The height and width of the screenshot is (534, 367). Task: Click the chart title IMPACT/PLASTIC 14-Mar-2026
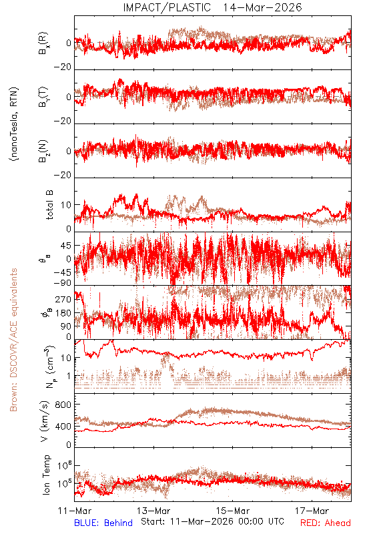point(212,7)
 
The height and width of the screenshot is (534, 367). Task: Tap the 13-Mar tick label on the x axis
point(153,511)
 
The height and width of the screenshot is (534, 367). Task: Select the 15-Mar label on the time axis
point(233,511)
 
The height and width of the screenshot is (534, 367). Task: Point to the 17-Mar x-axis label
point(312,511)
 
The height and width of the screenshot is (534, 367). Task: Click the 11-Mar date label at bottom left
point(75,511)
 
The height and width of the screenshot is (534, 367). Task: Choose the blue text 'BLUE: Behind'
point(103,523)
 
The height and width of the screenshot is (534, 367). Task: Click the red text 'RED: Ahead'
point(326,523)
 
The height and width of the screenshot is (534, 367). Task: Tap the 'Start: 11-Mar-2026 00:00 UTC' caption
point(212,521)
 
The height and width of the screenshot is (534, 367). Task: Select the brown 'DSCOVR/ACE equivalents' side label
point(13,340)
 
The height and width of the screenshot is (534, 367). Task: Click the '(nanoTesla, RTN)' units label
point(14,124)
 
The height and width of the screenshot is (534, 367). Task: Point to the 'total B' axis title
point(49,205)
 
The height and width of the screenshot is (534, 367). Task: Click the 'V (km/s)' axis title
point(45,421)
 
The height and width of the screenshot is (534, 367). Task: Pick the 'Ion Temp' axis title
point(46,475)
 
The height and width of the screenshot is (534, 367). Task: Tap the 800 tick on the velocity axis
point(63,405)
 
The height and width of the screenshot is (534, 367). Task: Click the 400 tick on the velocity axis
point(63,426)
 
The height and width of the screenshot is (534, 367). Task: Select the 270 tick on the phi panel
point(63,299)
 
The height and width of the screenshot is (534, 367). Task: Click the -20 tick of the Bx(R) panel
point(63,67)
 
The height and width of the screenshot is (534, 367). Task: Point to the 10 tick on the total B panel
point(66,206)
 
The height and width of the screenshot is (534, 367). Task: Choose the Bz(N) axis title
point(43,151)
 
